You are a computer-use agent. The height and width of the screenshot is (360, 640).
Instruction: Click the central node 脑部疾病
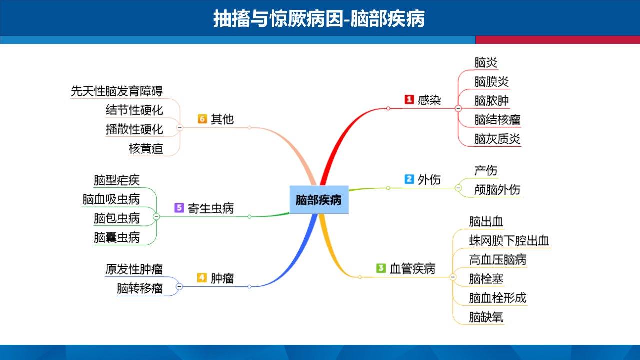coord(319,199)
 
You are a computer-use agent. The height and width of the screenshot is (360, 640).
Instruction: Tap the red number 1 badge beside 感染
coord(409,99)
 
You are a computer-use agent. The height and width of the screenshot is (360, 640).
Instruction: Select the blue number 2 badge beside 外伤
coord(409,179)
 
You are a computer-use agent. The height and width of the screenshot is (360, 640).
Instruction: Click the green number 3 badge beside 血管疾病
coord(381,268)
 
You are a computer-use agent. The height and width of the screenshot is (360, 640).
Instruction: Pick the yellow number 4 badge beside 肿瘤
coord(202,277)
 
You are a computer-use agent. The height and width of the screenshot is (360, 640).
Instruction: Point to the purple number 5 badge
coord(179,207)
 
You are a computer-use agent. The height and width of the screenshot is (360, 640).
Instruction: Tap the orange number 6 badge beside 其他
coord(202,118)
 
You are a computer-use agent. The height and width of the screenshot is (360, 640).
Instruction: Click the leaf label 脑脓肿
coord(491,101)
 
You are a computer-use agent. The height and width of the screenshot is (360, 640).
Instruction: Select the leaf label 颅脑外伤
coord(497,190)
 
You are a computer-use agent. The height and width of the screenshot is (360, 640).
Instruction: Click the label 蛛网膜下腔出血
coord(509,241)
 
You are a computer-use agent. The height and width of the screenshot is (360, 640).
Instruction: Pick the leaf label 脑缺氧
coord(486,317)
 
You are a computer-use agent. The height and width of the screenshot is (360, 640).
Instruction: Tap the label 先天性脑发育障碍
coord(117,91)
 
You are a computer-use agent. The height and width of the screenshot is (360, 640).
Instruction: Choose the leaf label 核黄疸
coord(146,149)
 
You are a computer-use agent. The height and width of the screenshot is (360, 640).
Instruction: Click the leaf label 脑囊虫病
coord(117,237)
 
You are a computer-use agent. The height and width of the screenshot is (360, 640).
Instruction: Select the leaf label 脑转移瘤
coord(139,288)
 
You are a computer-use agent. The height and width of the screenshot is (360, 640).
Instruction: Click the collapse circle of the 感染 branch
coord(458,108)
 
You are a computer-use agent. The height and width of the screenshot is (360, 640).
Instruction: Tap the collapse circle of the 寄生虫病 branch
coord(156,217)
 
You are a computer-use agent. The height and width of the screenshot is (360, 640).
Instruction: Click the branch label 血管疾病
coord(412,269)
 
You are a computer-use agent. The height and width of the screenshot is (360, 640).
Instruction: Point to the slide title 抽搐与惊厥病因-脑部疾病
coord(319,19)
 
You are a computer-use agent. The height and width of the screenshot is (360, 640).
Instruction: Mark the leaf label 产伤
coord(486,171)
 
